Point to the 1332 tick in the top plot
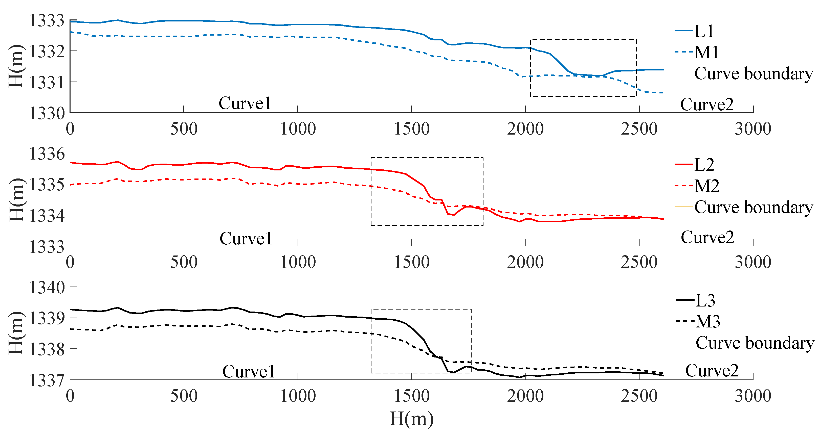(x=47, y=52)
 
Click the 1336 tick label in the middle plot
(x=47, y=154)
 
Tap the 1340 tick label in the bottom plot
(x=47, y=288)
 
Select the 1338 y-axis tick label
(x=47, y=349)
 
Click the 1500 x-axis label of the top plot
(x=412, y=129)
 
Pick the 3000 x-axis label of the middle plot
(x=753, y=263)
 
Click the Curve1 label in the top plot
(x=245, y=103)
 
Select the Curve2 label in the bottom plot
(x=712, y=371)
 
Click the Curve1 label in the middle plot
(x=246, y=239)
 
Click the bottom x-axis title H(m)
(x=411, y=419)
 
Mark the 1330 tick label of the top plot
(x=47, y=113)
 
